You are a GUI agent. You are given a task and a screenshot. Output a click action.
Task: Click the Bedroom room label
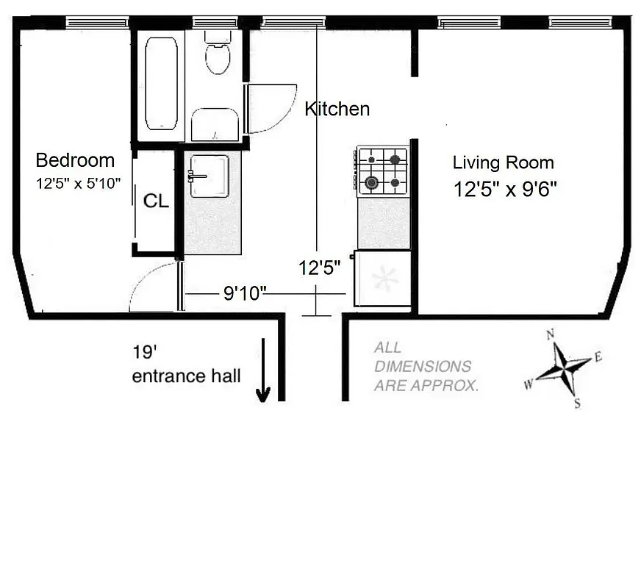(x=75, y=160)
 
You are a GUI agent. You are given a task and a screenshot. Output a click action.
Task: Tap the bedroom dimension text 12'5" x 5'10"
(x=78, y=184)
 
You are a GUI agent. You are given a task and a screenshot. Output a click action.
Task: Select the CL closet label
(x=155, y=201)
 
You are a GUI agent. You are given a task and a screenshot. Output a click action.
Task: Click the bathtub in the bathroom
(x=161, y=84)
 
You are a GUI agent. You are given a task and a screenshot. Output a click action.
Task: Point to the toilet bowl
(x=218, y=57)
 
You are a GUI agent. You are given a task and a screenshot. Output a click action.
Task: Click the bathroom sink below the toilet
(x=215, y=125)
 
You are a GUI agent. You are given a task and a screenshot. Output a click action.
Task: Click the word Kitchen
(x=337, y=110)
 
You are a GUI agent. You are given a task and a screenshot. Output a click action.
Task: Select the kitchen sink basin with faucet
(x=210, y=176)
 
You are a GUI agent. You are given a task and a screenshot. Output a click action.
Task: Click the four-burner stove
(x=382, y=171)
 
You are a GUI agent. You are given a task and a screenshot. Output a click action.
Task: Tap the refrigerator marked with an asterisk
(x=383, y=279)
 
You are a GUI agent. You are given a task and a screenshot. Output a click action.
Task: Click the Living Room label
(x=503, y=163)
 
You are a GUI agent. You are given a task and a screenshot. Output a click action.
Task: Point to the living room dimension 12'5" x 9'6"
(x=504, y=190)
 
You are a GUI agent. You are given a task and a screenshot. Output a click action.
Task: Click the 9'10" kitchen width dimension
(x=244, y=294)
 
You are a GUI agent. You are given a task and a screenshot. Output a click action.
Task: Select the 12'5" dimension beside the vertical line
(x=320, y=268)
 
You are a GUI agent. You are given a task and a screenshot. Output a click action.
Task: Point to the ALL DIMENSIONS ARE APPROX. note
(x=425, y=367)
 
